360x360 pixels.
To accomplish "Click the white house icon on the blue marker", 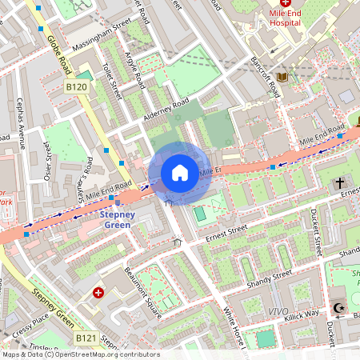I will (180, 173).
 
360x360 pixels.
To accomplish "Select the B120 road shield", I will (77, 86).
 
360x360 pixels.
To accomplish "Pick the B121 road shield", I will (87, 339).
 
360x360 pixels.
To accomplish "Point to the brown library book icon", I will (281, 77).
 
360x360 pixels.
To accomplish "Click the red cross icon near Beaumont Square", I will (98, 294).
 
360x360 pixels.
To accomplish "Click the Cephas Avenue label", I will (22, 124).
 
